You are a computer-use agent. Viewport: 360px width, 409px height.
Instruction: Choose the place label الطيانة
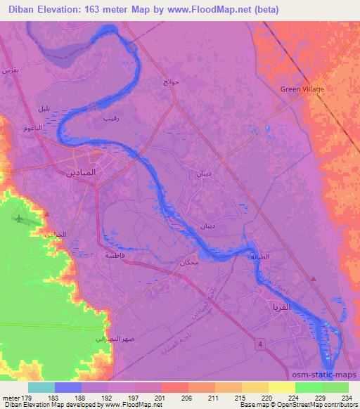pyautogui.click(x=261, y=257)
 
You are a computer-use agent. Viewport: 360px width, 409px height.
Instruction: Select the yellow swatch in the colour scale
pyautogui.click(x=281, y=387)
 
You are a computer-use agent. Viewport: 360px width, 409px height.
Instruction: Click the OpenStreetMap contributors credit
pyautogui.click(x=320, y=405)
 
